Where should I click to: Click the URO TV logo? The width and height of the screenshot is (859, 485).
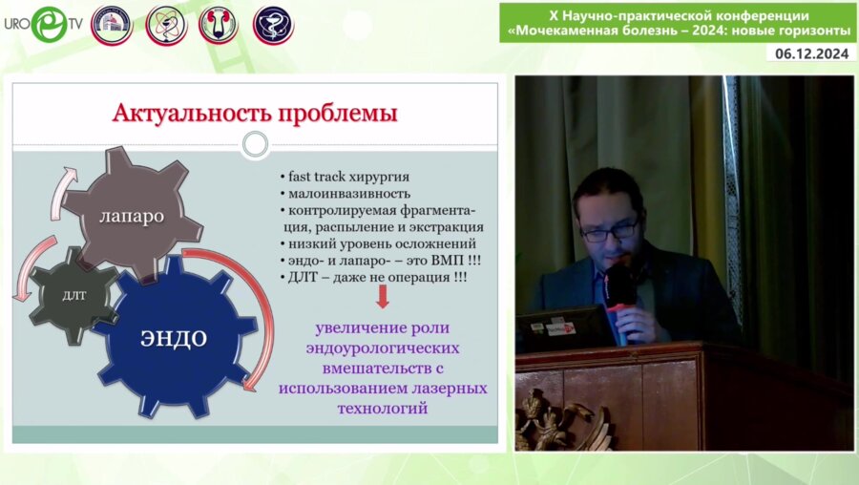pyautogui.click(x=43, y=24)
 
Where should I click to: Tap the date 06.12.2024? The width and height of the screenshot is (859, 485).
pyautogui.click(x=810, y=54)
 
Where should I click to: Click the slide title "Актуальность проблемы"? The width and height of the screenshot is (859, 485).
pyautogui.click(x=255, y=114)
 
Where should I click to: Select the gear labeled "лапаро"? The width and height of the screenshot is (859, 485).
pyautogui.click(x=131, y=216)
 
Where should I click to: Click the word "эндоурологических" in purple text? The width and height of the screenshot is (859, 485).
pyautogui.click(x=382, y=348)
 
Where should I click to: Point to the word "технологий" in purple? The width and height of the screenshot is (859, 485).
pyautogui.click(x=382, y=408)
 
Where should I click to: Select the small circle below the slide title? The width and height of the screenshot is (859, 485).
pyautogui.click(x=255, y=145)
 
